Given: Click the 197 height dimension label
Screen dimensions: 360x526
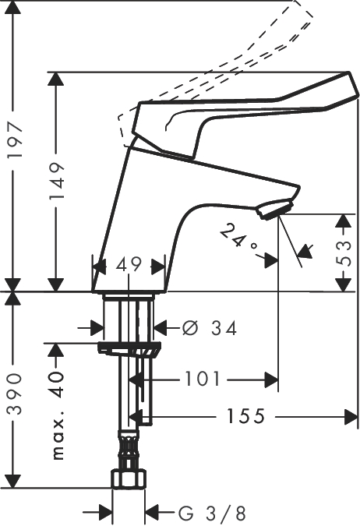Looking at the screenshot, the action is tap(15, 139).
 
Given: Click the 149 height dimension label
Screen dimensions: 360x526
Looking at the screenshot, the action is tap(56, 181).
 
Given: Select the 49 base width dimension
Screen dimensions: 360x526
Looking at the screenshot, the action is tap(129, 266).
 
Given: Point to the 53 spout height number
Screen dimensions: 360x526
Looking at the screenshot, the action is tap(344, 253).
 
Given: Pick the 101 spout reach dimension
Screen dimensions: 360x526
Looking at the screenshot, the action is tap(203, 379).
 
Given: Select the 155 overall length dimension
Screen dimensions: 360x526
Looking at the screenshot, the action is tap(246, 416).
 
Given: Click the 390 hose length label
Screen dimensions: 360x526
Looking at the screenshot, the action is tap(15, 394).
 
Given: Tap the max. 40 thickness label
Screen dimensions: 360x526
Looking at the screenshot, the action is tap(58, 415).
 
